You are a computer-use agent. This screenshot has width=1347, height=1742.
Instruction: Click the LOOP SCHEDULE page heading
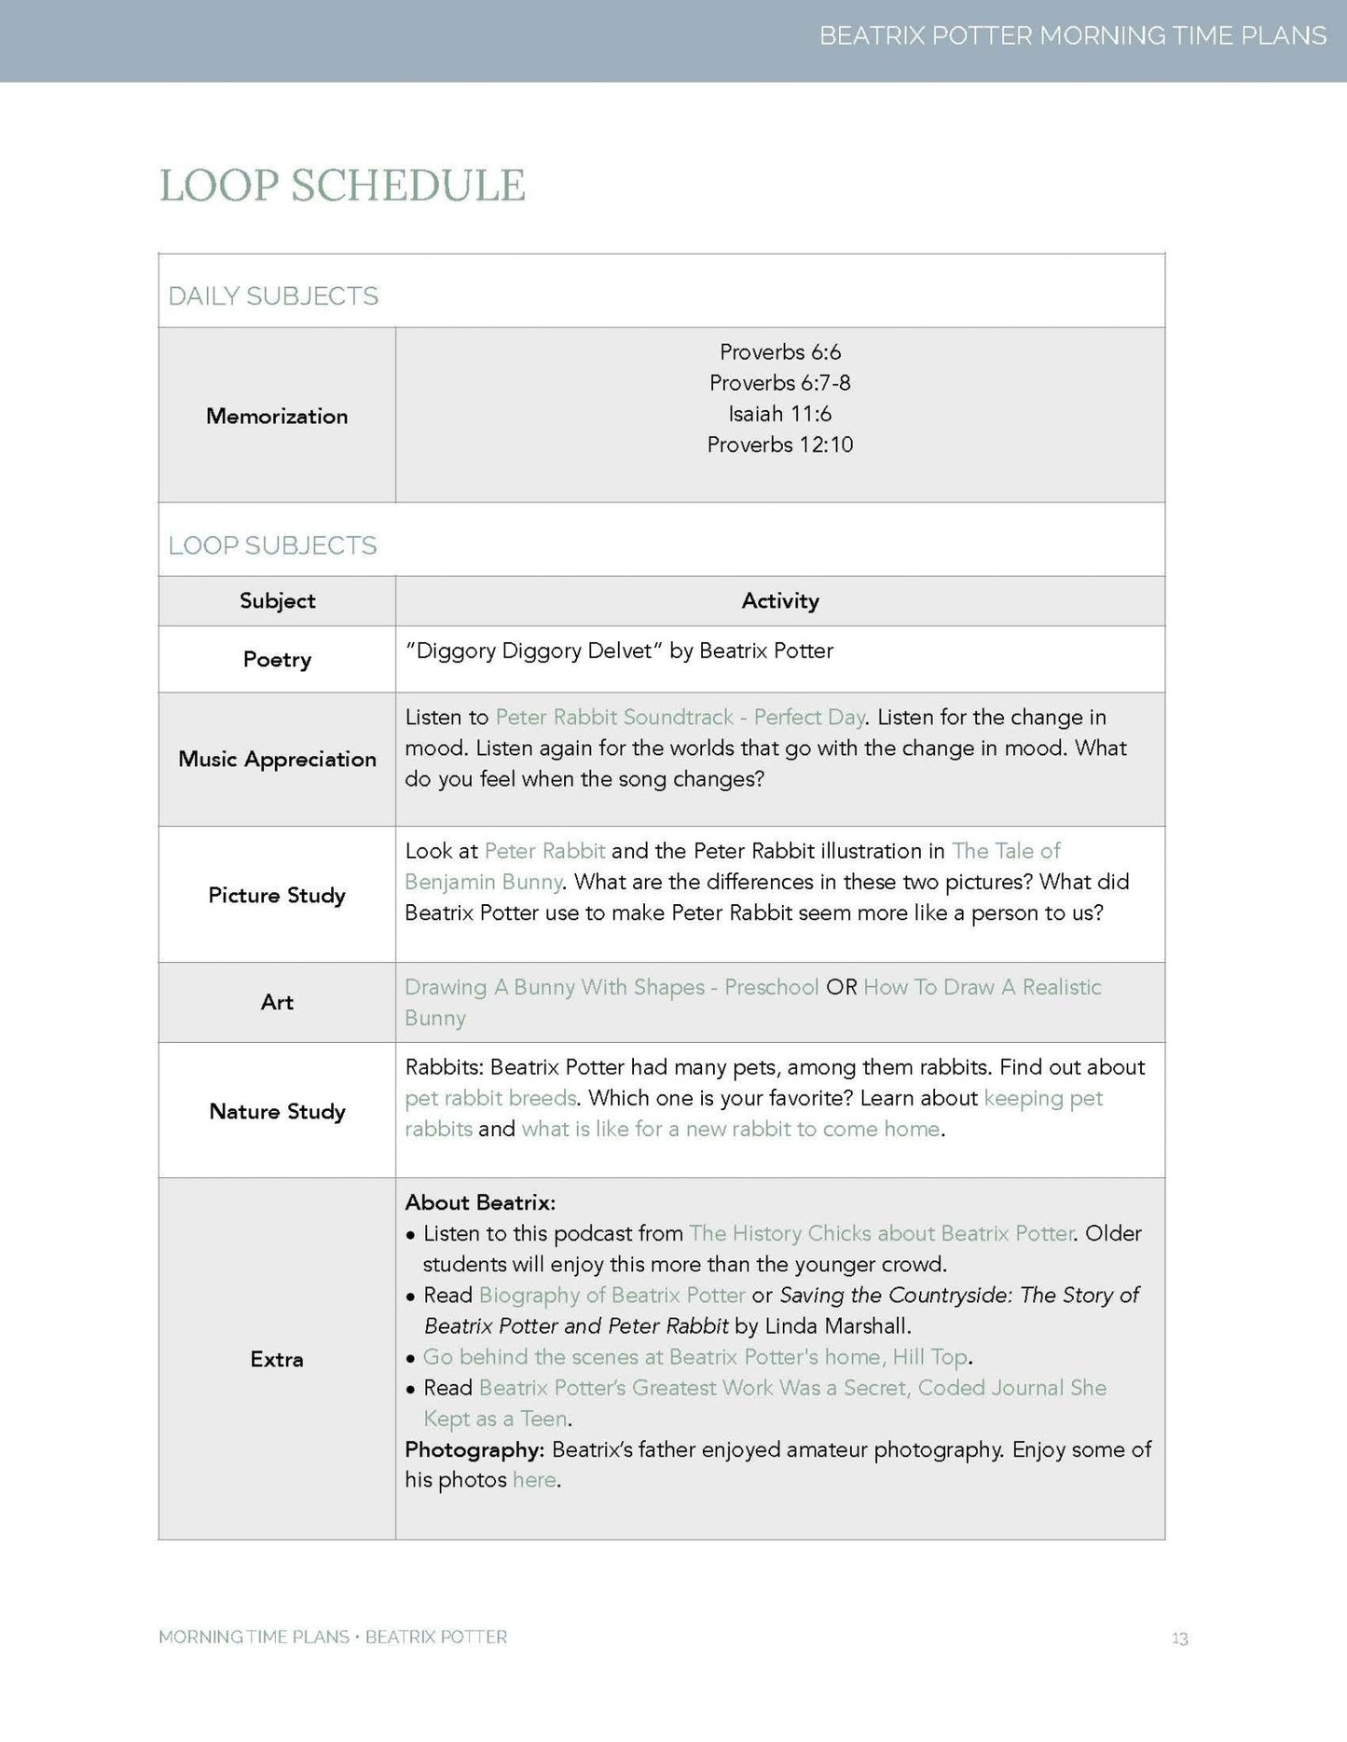[x=342, y=185]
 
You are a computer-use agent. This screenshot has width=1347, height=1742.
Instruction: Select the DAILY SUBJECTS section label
[x=273, y=296]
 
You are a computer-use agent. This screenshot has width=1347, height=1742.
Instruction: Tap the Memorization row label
[x=277, y=416]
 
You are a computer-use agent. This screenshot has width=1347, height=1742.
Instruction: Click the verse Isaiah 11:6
[x=779, y=414]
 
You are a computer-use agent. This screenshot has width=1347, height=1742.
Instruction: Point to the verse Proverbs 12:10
[x=779, y=445]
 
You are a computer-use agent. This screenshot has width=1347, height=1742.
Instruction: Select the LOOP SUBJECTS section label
[x=272, y=545]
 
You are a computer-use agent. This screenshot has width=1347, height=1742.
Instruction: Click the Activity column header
[x=779, y=601]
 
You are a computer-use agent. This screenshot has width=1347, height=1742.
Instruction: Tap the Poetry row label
[x=277, y=660]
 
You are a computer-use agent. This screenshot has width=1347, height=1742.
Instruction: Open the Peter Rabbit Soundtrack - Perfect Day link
[x=680, y=718]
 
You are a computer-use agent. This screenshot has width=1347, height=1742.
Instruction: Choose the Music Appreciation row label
[x=277, y=760]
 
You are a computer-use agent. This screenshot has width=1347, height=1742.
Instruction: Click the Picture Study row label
[x=277, y=896]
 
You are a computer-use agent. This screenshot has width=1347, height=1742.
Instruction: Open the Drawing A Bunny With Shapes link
[x=612, y=987]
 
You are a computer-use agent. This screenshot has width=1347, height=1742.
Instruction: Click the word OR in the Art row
[x=841, y=987]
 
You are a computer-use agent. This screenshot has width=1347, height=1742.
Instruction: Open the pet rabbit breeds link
[x=490, y=1098]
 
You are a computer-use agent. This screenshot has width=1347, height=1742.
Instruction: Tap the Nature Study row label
[x=277, y=1111]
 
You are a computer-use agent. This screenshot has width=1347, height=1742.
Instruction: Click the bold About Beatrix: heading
[x=480, y=1202]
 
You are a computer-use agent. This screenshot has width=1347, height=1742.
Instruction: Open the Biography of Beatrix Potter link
[x=612, y=1295]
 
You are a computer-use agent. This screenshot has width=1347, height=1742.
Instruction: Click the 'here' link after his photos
[x=533, y=1480]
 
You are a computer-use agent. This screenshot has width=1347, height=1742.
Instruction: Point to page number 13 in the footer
[x=1179, y=1639]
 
